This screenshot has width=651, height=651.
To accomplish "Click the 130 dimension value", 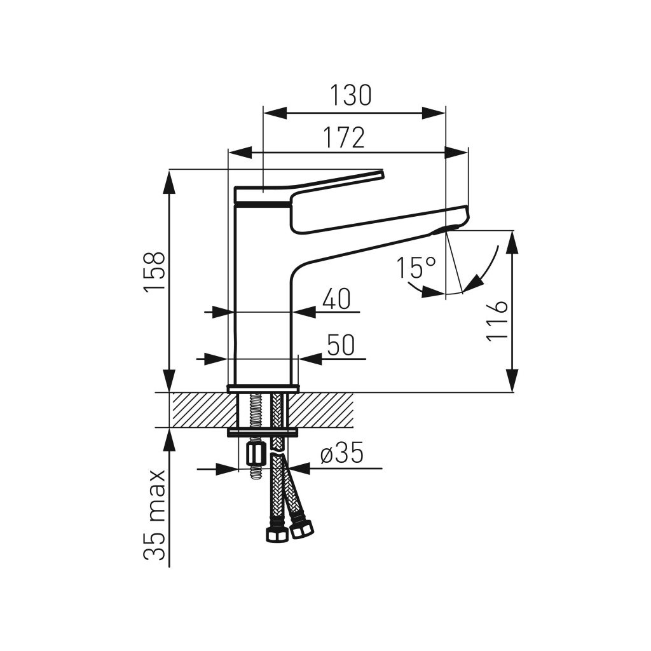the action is click(x=350, y=95).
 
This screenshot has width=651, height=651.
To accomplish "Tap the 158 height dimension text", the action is click(x=154, y=271).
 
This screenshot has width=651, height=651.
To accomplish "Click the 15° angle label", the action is click(x=416, y=268).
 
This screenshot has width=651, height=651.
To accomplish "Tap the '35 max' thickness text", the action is click(x=154, y=515).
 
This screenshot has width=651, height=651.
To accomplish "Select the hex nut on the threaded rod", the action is click(x=254, y=454).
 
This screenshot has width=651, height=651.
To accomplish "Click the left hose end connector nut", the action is click(x=276, y=532).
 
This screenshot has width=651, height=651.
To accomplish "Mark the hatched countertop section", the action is click(x=324, y=409).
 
